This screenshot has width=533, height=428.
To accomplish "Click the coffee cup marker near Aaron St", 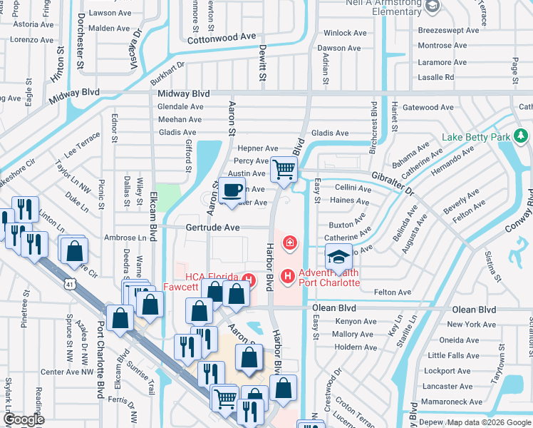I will [x=233, y=190].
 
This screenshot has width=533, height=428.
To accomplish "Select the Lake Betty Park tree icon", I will [x=521, y=136].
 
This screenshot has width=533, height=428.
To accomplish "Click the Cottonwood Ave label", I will [x=221, y=37].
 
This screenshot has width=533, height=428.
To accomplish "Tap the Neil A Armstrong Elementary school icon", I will [x=432, y=6].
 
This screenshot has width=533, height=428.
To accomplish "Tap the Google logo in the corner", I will [x=24, y=419].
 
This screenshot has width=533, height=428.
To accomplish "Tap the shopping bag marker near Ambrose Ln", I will [x=74, y=252].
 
